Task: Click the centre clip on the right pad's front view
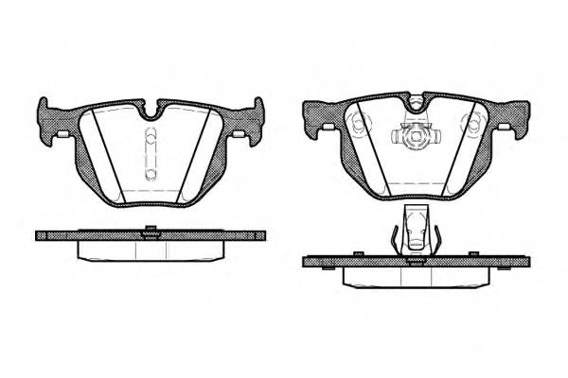412,138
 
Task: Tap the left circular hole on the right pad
357,126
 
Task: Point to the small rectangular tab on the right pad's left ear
325,128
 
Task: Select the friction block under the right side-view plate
413,275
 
